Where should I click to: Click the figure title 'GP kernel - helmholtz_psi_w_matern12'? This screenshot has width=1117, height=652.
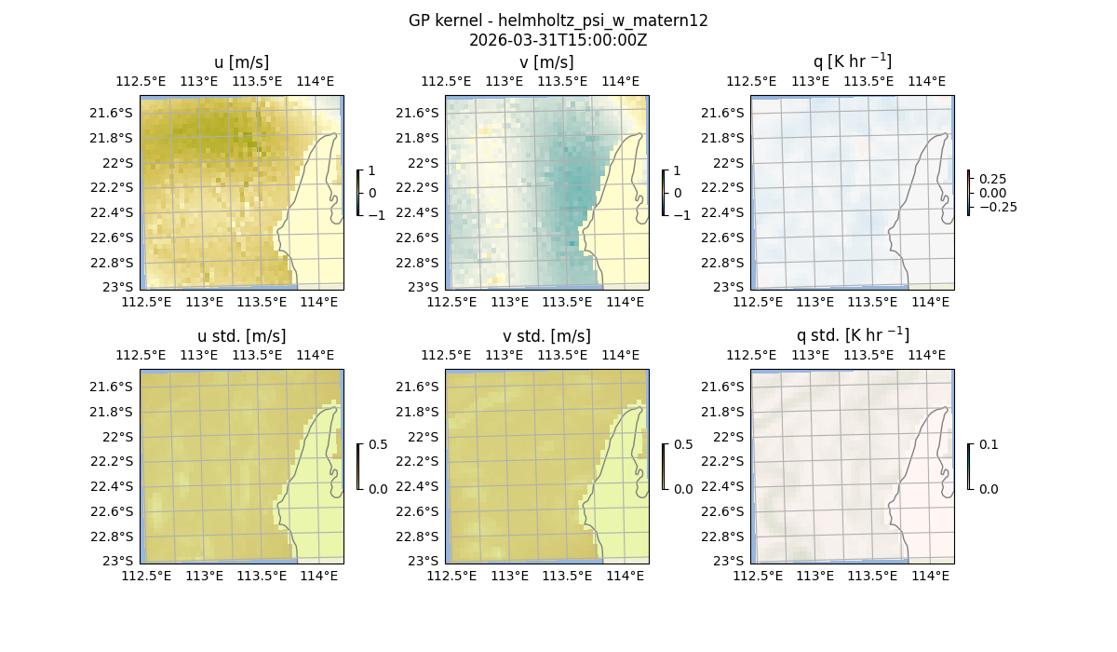pyautogui.click(x=558, y=20)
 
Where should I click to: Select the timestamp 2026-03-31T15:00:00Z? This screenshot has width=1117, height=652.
pyautogui.click(x=558, y=40)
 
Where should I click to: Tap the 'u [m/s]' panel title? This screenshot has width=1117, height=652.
pyautogui.click(x=241, y=62)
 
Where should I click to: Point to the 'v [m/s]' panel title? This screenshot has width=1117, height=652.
pyautogui.click(x=546, y=62)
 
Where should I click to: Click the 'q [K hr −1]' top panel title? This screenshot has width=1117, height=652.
pyautogui.click(x=852, y=61)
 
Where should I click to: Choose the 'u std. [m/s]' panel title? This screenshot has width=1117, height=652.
pyautogui.click(x=241, y=336)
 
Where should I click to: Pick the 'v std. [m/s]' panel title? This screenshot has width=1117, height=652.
pyautogui.click(x=546, y=336)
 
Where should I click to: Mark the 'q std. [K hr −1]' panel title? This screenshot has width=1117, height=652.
pyautogui.click(x=852, y=335)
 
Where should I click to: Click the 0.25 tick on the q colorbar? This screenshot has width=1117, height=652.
pyautogui.click(x=992, y=179)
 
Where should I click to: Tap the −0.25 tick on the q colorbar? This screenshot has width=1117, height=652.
pyautogui.click(x=997, y=207)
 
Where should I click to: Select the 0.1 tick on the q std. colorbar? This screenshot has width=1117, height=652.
pyautogui.click(x=988, y=445)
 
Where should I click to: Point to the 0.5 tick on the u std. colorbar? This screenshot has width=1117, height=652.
pyautogui.click(x=378, y=445)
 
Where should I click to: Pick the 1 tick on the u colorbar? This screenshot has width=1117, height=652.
pyautogui.click(x=372, y=171)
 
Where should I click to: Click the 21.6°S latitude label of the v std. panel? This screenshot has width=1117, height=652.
pyautogui.click(x=417, y=387)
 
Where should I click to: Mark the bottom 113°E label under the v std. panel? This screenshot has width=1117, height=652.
pyautogui.click(x=509, y=576)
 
